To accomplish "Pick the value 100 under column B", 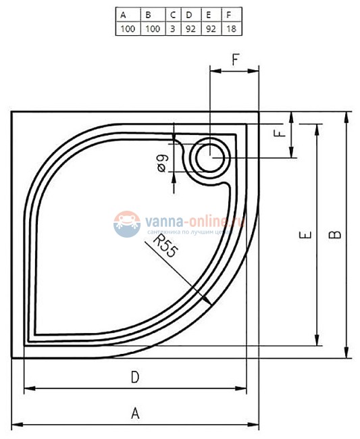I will tap(152, 28).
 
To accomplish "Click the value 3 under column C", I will tap(174, 28).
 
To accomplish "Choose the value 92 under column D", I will tap(191, 28).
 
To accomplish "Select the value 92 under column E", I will tap(211, 28).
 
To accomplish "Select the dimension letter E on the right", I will tap(305, 235).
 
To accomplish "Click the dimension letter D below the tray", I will tap(135, 378).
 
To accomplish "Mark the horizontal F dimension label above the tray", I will tap(234, 59).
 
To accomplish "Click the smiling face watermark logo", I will tap(126, 224).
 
